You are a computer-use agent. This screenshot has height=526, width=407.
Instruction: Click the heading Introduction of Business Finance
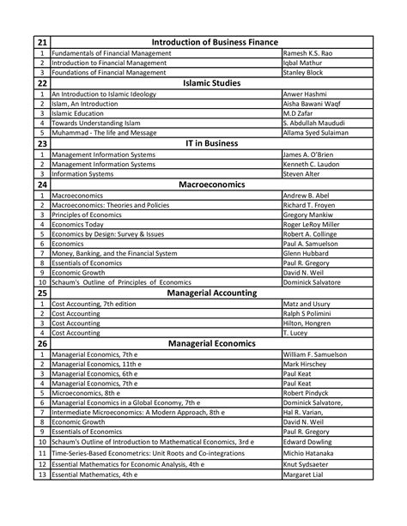[x=216, y=41]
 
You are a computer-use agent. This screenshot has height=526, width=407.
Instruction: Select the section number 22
[x=40, y=83]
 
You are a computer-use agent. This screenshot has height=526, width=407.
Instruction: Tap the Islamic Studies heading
[x=216, y=83]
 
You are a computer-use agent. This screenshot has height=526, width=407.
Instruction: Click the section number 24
[x=40, y=184]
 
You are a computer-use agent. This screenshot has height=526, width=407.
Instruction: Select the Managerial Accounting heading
[x=216, y=293]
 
